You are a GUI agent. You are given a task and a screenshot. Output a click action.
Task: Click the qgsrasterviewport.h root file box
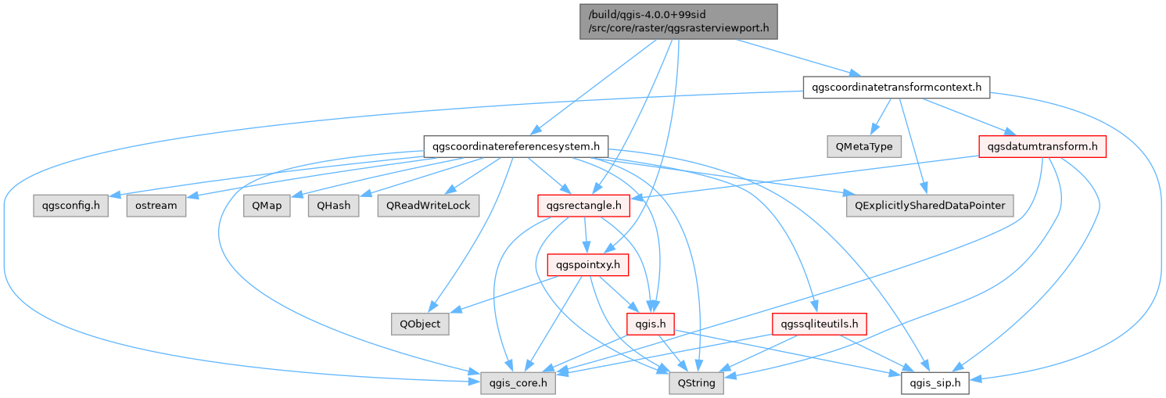click(677, 22)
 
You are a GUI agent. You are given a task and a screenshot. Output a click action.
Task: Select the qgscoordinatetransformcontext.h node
click(896, 87)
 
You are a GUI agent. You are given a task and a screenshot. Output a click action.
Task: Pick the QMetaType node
click(864, 146)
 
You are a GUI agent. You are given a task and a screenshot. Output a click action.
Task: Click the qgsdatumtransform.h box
click(1042, 146)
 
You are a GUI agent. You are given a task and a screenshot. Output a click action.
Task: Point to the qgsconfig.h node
click(70, 206)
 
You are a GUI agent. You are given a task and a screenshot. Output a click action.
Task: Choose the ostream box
click(155, 206)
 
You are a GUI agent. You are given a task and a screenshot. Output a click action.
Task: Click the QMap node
click(266, 206)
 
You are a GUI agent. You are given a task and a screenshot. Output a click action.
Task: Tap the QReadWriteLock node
click(428, 206)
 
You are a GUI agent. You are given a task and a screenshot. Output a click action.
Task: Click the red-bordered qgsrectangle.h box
click(584, 206)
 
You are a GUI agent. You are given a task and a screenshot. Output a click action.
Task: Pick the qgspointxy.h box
click(588, 265)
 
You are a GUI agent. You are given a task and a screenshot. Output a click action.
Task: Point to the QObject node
click(421, 324)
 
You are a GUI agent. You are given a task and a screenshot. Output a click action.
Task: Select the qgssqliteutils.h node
click(819, 324)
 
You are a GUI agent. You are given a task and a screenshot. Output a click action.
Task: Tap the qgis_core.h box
click(512, 383)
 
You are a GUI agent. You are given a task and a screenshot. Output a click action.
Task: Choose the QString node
click(697, 383)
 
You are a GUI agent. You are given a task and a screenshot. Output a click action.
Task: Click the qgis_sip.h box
click(936, 383)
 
